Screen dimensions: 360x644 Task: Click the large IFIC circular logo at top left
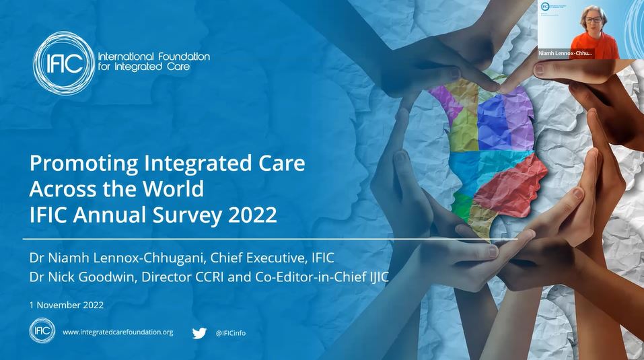click(x=63, y=63)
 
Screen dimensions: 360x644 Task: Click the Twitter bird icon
click(x=199, y=332)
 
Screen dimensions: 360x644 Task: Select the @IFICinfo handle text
click(x=230, y=333)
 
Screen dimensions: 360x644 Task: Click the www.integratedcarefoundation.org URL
click(x=118, y=332)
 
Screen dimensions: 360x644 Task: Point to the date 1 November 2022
click(x=66, y=305)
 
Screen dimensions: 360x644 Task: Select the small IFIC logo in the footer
click(x=42, y=332)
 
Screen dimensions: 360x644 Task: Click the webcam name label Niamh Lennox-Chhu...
click(x=566, y=52)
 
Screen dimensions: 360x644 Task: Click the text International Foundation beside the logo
click(x=153, y=57)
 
